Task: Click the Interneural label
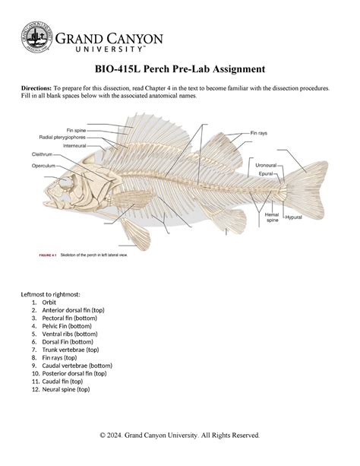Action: [x=74, y=145]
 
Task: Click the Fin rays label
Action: [x=264, y=132]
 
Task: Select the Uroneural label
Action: [x=266, y=165]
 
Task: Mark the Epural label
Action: [x=266, y=173]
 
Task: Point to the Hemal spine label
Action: [x=271, y=217]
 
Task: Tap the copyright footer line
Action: [x=180, y=435]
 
